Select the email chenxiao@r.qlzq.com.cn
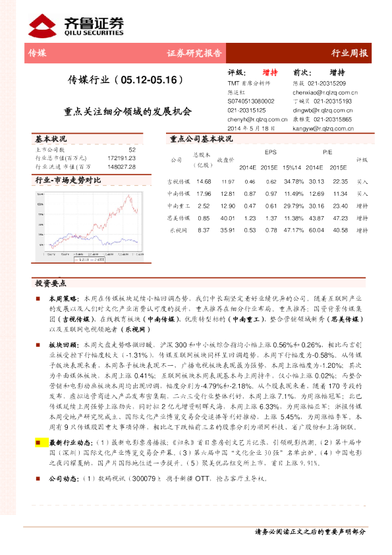pos(323,94)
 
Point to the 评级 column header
pos(362,160)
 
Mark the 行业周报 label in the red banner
pos(349,53)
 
